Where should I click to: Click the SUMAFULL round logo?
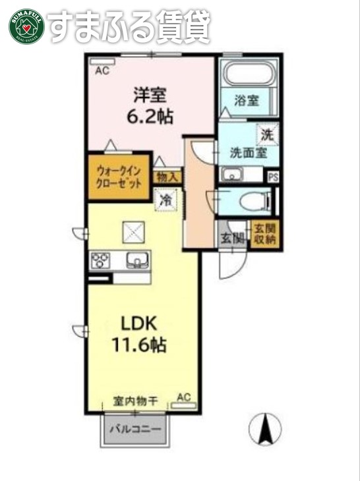point(26,26)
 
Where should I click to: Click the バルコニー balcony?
point(136,429)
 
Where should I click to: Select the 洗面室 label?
point(248,152)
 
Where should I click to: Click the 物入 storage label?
point(167,177)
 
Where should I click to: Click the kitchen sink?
point(137,260)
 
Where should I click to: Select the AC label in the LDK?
point(184,397)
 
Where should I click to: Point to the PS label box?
point(273,177)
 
